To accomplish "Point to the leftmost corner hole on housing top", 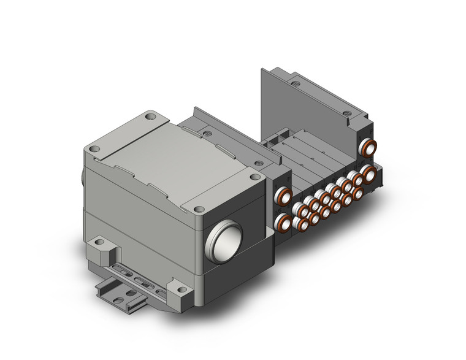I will click(x=93, y=148).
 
